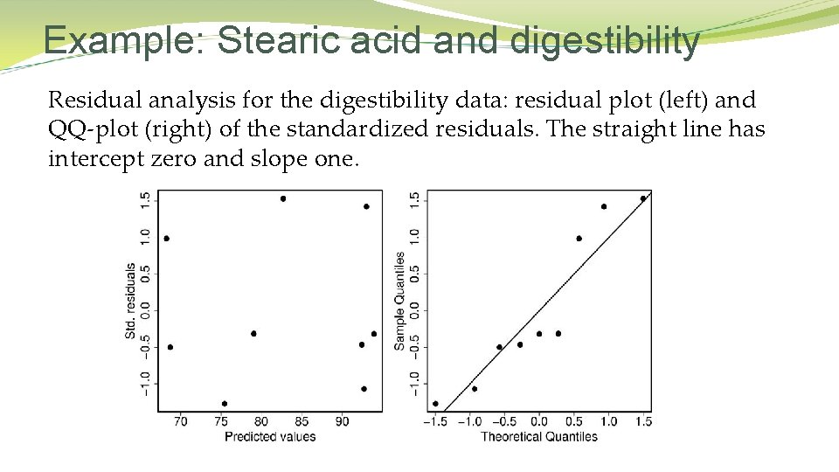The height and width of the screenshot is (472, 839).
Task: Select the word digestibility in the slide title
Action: [605, 41]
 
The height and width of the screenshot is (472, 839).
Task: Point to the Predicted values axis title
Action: [270, 436]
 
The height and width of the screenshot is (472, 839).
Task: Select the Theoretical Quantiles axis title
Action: [539, 436]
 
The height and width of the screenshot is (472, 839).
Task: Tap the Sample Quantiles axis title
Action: [399, 302]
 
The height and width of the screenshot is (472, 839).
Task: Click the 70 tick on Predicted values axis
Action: [180, 422]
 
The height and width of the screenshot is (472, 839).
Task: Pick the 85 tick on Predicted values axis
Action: [302, 422]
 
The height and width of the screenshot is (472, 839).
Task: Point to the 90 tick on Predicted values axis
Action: [342, 422]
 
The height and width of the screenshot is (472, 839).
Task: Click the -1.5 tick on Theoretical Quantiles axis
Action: [433, 422]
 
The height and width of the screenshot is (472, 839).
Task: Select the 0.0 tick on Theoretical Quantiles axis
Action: [539, 422]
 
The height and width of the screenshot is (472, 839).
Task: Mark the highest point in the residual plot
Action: [283, 198]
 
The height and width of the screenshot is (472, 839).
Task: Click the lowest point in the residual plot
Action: [225, 404]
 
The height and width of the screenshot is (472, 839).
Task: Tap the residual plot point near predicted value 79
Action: [253, 333]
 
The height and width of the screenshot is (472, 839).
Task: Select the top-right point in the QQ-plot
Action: [643, 198]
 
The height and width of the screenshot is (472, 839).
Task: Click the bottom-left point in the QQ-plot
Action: [435, 404]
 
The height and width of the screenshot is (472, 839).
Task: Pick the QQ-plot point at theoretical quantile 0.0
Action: [539, 333]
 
